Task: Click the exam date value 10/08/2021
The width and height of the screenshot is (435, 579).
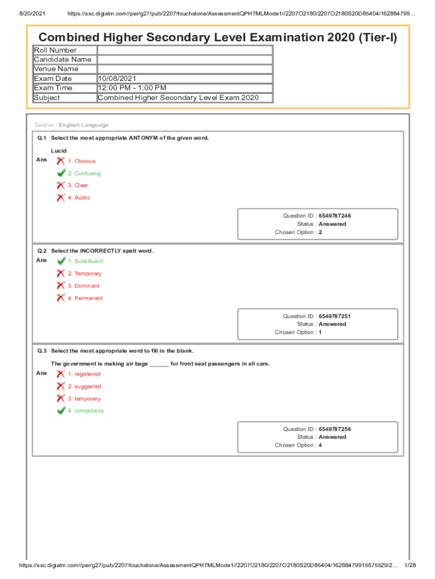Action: point(117,79)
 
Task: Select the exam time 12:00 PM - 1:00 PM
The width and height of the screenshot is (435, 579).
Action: point(132,88)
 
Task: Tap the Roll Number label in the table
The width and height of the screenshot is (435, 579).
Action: point(55,50)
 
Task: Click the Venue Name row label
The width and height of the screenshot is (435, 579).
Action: point(56,69)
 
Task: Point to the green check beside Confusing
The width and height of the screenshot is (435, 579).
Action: point(61,173)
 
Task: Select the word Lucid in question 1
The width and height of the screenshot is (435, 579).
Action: point(59,151)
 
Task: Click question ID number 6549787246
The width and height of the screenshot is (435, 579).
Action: point(334,216)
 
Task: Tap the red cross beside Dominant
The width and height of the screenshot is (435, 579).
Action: point(60,286)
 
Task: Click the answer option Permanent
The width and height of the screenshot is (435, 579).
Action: point(88,298)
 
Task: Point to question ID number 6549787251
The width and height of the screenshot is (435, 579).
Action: point(334,317)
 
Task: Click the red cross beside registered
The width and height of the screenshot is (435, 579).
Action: point(60,374)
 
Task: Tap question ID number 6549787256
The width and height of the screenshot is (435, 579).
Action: point(334,429)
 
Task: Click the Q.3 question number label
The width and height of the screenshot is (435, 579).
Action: point(42,351)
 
